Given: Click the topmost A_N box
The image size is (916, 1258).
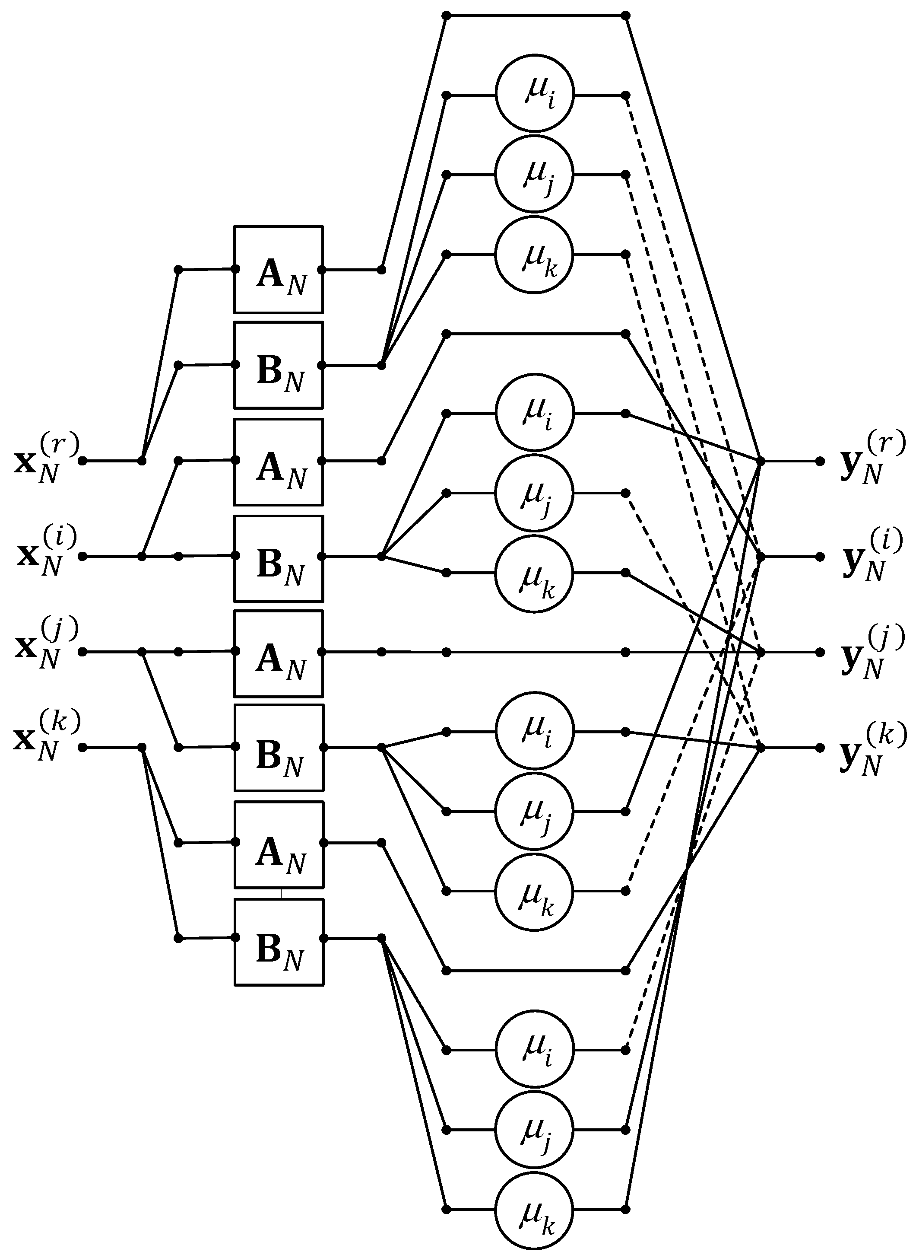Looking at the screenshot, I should point(279,270).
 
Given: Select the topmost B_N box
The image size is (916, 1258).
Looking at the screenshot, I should point(279,365).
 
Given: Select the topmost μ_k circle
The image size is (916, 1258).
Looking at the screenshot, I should point(535,255).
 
